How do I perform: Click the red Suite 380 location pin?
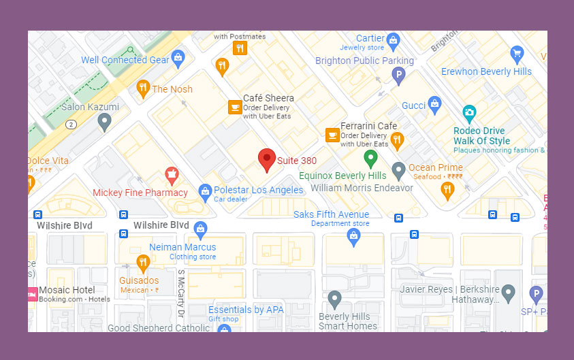coord(267,159)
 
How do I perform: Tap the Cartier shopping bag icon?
coord(393,42)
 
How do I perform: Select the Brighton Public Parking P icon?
coord(399,76)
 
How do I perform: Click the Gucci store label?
coord(413,105)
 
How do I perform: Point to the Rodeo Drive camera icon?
coord(469,112)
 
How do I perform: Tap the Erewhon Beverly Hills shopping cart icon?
coord(517,53)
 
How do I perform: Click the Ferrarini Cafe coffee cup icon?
coord(332,135)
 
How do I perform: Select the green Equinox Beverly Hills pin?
coord(370,158)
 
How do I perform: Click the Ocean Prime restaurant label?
coord(435,167)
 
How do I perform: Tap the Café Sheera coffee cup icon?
coord(234,107)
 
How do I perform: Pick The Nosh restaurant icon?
coord(143,88)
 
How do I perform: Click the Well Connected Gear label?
coord(125,60)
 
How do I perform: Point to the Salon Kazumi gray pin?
coord(104,122)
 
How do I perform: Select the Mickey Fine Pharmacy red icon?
coord(172,176)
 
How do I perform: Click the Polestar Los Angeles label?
coord(258,190)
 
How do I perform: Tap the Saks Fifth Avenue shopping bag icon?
coord(353,235)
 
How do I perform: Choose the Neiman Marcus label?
coord(182,247)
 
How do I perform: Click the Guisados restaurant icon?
coord(142,262)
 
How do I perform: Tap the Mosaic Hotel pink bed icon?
coord(31,294)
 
